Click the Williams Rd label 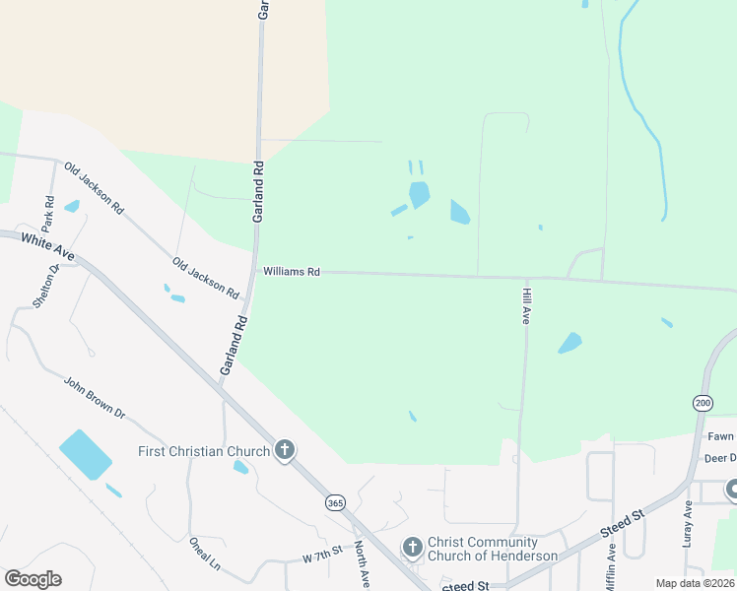292,271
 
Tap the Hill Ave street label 526,306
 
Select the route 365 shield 335,503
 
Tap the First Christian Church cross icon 285,451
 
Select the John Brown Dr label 95,397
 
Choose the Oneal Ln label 204,553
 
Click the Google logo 33,579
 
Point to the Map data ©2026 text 696,583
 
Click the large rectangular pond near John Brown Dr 86,454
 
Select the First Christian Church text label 203,452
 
